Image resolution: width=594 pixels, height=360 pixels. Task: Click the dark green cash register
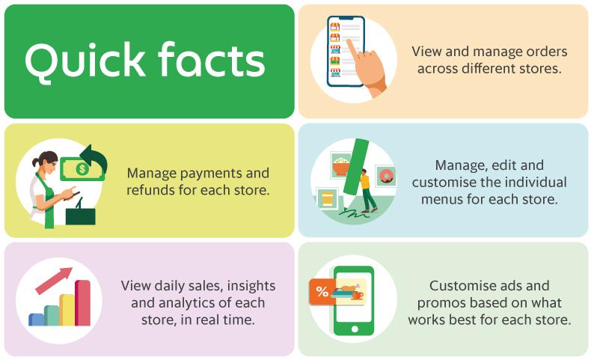coord(81,215)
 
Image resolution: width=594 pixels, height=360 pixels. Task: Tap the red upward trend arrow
coord(55,280)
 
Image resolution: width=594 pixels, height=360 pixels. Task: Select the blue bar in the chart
coord(36,320)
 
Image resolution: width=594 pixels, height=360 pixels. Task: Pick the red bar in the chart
coord(82,303)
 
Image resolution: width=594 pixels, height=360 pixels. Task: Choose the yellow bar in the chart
coord(67,310)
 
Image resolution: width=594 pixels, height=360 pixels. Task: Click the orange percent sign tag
coord(322,292)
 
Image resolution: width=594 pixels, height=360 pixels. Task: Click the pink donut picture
coord(386,177)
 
